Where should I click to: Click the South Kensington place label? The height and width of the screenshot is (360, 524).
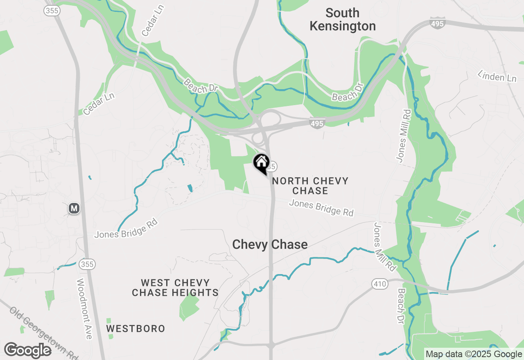(x=343, y=20)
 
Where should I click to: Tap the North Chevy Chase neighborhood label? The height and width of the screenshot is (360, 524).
(x=310, y=186)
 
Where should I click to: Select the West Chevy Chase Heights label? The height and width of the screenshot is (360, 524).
(x=175, y=288)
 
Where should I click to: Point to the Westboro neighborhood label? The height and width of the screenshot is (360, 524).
(x=136, y=328)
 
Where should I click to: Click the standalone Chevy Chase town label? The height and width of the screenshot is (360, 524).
(x=270, y=245)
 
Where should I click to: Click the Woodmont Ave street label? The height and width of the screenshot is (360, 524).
(x=85, y=309)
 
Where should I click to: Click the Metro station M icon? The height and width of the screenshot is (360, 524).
(x=74, y=208)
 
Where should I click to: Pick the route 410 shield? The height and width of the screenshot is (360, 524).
(x=380, y=283)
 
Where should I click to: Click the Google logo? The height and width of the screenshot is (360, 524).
(x=28, y=351)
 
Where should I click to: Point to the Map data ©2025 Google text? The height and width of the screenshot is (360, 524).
(x=474, y=354)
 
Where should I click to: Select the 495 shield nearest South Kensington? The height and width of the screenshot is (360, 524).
(x=437, y=23)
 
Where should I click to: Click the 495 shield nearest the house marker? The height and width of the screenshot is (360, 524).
(x=317, y=123)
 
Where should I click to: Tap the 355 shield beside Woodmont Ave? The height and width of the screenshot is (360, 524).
(x=87, y=264)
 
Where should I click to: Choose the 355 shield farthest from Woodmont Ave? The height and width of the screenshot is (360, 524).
(x=52, y=11)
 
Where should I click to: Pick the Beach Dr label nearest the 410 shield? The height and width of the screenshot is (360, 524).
(x=401, y=306)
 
